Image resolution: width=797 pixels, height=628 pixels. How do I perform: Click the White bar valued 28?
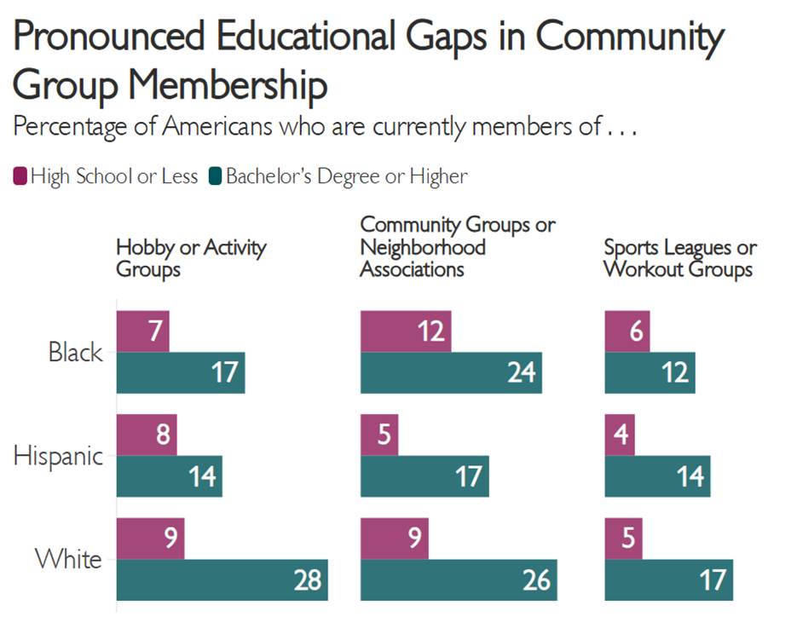(x=222, y=580)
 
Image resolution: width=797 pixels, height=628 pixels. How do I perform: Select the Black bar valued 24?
(x=451, y=372)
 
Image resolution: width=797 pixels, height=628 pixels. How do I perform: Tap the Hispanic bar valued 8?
(x=147, y=435)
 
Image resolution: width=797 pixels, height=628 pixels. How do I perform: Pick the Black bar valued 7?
(x=142, y=331)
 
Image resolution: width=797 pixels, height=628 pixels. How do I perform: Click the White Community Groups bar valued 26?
(x=459, y=580)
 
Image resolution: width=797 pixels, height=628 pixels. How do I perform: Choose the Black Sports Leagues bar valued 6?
(x=627, y=331)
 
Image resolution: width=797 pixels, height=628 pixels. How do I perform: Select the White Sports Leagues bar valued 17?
(x=668, y=580)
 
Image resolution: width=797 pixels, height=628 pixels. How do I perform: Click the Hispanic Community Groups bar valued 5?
(x=379, y=435)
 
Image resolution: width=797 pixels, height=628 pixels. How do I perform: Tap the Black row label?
(x=75, y=352)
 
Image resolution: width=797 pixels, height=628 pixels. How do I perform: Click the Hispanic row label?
(x=58, y=456)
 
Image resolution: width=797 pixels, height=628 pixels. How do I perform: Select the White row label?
(x=68, y=560)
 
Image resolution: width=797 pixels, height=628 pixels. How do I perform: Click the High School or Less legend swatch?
(x=20, y=177)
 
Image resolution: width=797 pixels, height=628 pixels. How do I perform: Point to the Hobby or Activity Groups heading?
(x=191, y=258)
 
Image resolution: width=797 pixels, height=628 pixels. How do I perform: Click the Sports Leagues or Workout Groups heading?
(x=679, y=258)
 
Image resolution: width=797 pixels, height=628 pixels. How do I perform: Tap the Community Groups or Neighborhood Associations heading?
(x=457, y=247)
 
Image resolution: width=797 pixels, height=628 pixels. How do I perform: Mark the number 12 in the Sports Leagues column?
(x=675, y=372)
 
